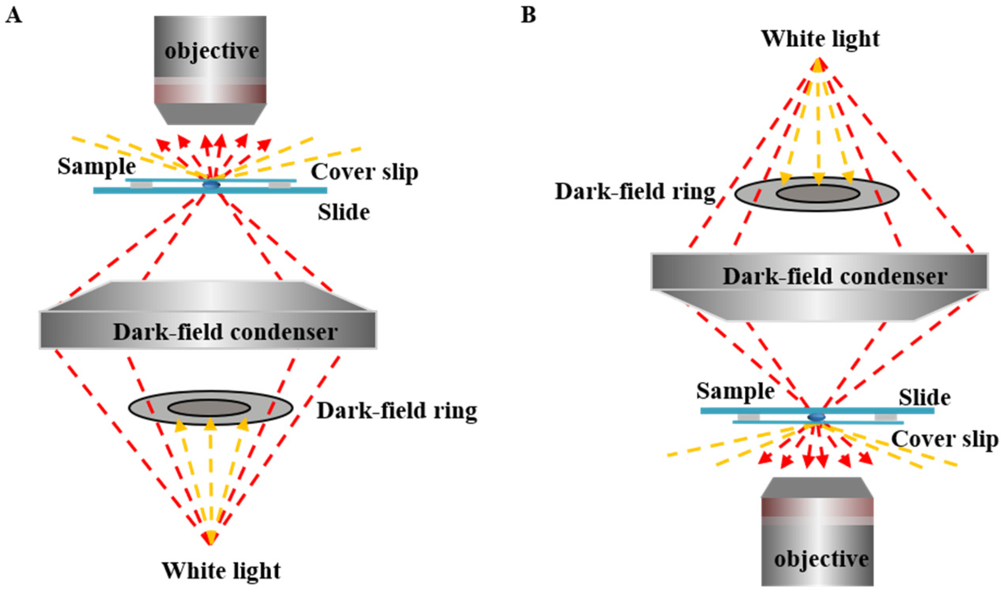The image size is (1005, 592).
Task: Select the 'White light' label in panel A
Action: pyautogui.click(x=221, y=570)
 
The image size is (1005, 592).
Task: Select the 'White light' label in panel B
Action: pyautogui.click(x=820, y=39)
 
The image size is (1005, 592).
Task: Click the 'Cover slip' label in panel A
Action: pyautogui.click(x=365, y=172)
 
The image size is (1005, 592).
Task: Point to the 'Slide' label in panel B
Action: pyautogui.click(x=924, y=397)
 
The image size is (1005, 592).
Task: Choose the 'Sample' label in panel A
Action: pyautogui.click(x=96, y=166)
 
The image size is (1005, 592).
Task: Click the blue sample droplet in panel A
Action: pyautogui.click(x=211, y=184)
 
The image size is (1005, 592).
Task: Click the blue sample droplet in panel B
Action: pyautogui.click(x=816, y=417)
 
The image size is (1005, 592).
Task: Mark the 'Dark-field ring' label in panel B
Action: pyautogui.click(x=635, y=192)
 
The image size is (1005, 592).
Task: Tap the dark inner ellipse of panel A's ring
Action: pyautogui.click(x=209, y=408)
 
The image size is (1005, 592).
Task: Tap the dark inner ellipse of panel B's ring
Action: pyautogui.click(x=818, y=194)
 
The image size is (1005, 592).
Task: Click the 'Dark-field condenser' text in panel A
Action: pyautogui.click(x=225, y=332)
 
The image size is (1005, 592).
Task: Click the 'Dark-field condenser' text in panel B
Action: pyautogui.click(x=835, y=276)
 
